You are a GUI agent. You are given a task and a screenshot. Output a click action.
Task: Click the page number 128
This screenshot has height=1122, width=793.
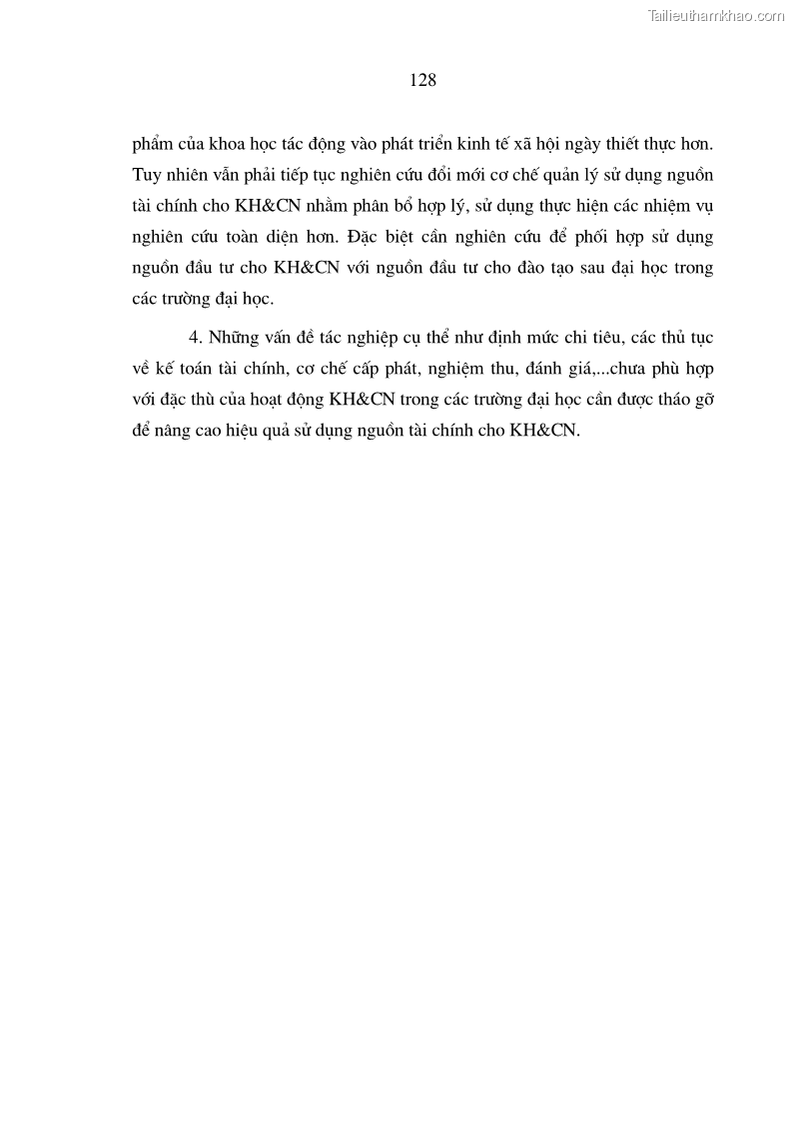click(x=422, y=81)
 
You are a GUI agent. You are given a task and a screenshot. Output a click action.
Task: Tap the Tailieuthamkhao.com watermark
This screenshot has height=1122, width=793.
click(x=716, y=16)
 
